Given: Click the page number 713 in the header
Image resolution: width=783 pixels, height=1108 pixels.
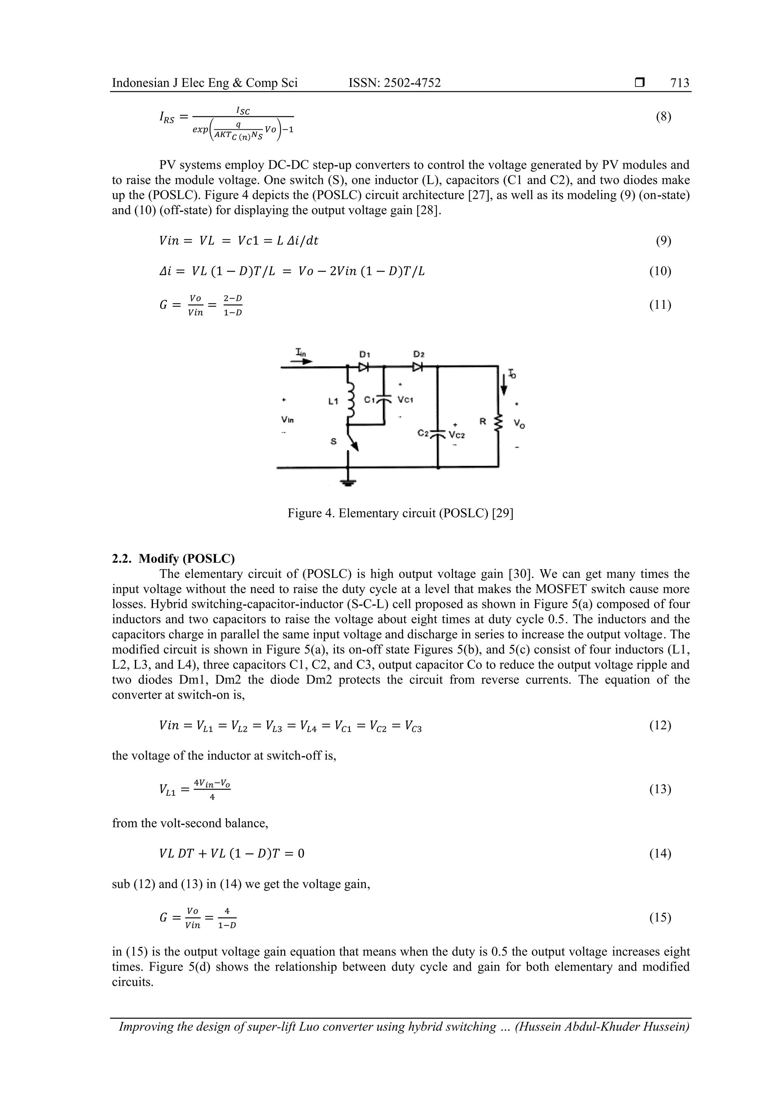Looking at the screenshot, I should pos(679,83).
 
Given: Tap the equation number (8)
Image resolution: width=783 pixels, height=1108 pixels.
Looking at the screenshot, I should pos(663,116).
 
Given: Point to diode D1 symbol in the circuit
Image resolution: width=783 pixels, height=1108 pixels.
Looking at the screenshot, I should pos(363,367).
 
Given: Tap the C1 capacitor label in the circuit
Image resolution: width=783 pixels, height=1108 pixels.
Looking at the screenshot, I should pos(370,400).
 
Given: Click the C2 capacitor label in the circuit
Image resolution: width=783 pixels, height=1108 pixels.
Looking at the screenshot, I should pos(423,433).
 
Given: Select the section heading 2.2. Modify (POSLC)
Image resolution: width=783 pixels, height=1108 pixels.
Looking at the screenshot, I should pos(173,558).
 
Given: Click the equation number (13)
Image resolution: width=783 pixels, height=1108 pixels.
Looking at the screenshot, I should pos(660,789).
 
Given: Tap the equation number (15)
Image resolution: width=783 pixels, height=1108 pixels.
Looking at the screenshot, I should pos(660,918).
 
